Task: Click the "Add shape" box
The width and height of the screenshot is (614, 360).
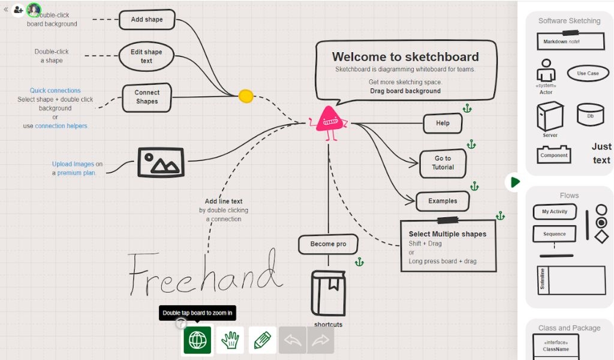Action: click(147, 20)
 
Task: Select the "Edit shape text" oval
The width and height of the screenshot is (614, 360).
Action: click(146, 56)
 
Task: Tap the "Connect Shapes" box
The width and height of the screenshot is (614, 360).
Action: click(147, 98)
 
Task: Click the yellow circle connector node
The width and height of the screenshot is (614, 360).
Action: click(246, 96)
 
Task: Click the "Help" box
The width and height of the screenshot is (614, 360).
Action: click(443, 124)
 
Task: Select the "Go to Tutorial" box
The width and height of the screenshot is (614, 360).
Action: click(443, 163)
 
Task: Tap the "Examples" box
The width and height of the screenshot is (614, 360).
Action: click(443, 201)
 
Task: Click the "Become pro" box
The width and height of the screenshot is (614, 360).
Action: click(328, 244)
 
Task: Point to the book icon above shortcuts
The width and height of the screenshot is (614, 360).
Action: click(328, 293)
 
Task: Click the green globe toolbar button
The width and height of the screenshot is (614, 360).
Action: click(197, 340)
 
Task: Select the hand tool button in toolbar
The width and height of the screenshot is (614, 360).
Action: click(230, 340)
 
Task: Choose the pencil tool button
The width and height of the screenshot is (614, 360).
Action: click(263, 340)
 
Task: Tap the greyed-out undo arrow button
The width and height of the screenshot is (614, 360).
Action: click(293, 340)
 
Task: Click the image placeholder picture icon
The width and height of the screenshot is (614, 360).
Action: click(161, 162)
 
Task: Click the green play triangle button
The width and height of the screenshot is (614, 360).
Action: click(515, 182)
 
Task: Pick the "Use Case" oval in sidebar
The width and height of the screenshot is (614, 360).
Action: click(588, 73)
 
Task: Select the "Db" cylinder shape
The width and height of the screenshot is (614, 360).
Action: click(590, 115)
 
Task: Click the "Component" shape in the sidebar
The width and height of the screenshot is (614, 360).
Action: click(553, 155)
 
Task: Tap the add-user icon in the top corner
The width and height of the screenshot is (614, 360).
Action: click(18, 10)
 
